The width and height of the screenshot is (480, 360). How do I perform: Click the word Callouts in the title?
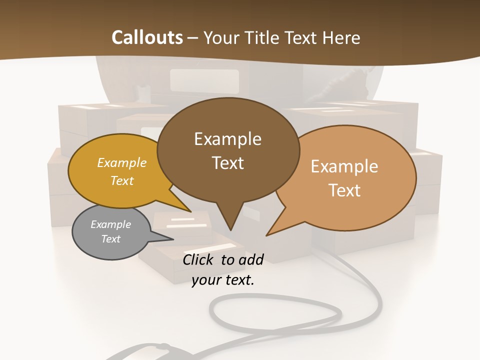[x=147, y=37]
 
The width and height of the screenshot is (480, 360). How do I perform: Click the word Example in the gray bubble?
[x=110, y=224]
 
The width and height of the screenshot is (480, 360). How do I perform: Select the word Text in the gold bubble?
[x=122, y=180]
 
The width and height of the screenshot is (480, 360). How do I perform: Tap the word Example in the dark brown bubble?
[x=227, y=139]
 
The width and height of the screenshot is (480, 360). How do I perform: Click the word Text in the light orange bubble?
[x=345, y=190]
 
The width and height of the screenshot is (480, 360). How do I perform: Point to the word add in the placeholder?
[x=251, y=259]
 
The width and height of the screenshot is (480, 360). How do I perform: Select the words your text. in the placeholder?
[x=223, y=280]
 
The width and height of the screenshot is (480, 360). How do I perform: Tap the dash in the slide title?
[x=193, y=38]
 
